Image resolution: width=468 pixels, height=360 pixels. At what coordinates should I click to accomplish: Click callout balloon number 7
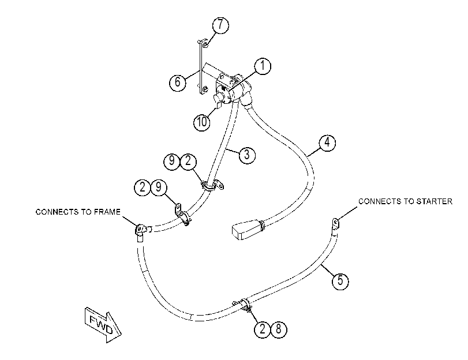[x=220, y=25]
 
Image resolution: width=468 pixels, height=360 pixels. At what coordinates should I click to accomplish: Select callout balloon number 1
[x=263, y=66]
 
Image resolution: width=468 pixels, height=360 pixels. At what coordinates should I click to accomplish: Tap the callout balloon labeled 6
[x=178, y=81]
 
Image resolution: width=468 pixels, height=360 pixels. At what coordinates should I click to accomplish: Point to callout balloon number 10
[x=202, y=122]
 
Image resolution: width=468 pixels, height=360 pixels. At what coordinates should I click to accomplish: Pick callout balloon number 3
[x=247, y=155]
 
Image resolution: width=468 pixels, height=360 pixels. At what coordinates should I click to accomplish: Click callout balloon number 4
[x=327, y=142]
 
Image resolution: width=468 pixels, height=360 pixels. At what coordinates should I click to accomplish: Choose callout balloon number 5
[x=340, y=281]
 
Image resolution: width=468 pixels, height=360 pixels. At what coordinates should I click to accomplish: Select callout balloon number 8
[x=279, y=329]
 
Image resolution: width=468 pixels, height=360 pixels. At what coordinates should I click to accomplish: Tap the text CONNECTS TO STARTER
[x=405, y=201]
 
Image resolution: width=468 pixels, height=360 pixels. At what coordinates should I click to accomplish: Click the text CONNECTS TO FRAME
[x=78, y=212]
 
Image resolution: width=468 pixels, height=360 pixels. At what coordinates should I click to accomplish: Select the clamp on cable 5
[x=245, y=305]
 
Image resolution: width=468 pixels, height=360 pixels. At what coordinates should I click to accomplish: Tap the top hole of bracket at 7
[x=205, y=46]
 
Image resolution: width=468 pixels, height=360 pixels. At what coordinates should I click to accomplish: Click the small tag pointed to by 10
[x=218, y=105]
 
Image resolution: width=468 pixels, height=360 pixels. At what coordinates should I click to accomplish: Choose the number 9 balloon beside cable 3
[x=171, y=162]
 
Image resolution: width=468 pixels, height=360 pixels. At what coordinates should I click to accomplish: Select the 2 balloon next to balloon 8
[x=263, y=329]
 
